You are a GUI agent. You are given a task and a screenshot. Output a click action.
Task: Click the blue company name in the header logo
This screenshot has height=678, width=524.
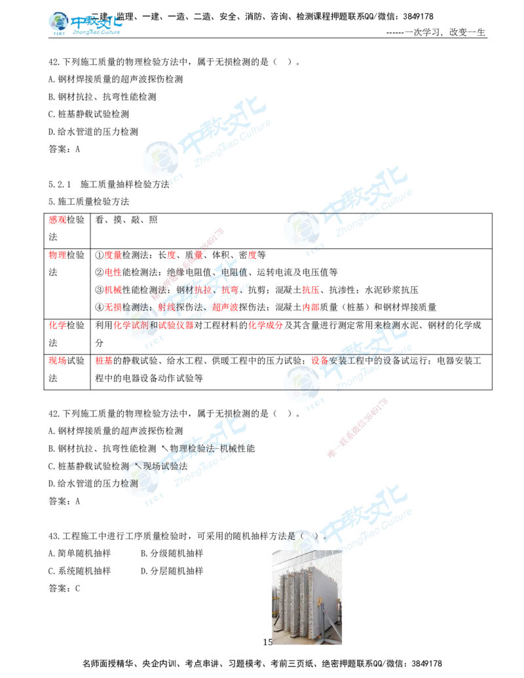tap(96, 22)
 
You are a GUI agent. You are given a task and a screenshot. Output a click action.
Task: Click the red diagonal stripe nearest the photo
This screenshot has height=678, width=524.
tap(357, 426)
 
